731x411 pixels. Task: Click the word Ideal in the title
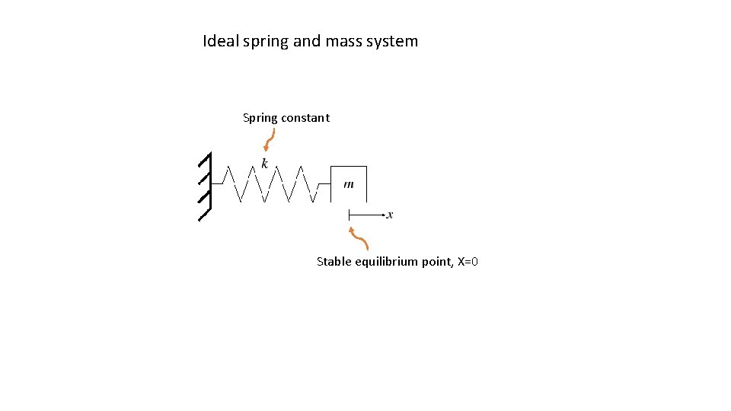[220, 41]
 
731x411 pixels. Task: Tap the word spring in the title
[265, 42]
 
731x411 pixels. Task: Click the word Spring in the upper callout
[260, 118]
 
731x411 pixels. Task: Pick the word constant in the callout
[305, 118]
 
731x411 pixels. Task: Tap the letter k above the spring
[264, 164]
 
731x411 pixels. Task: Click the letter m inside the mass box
[349, 184]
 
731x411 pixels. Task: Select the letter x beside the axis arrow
[390, 215]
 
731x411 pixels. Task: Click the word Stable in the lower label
[334, 262]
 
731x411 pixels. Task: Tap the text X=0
[468, 262]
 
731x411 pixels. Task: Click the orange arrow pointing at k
[270, 140]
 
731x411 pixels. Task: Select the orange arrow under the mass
[359, 237]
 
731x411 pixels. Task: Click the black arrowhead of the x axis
[380, 215]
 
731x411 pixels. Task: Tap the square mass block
[349, 183]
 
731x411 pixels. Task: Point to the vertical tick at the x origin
[349, 215]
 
